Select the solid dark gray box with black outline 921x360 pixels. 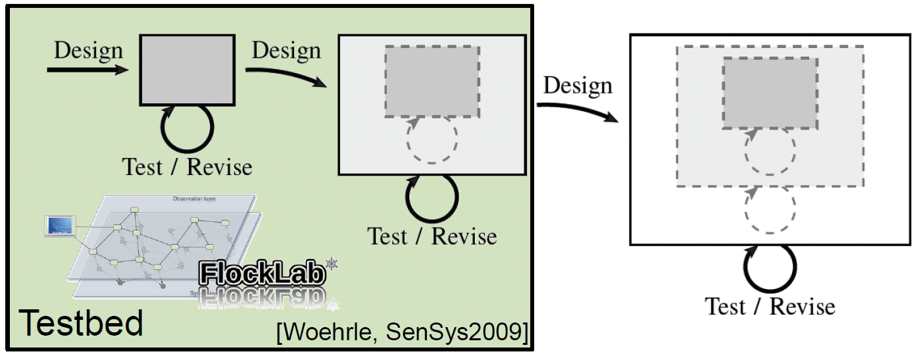click(187, 70)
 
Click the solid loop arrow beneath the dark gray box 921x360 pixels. click(187, 129)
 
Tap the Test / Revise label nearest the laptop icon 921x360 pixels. click(187, 167)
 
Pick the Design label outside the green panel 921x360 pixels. click(578, 85)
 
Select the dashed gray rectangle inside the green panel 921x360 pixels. click(432, 81)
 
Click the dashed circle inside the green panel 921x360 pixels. click(432, 140)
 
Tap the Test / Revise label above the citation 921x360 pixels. click(432, 236)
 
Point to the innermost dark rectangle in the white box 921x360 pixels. click(770, 93)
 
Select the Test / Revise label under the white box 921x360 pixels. click(770, 306)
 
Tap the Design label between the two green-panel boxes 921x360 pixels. click(286, 50)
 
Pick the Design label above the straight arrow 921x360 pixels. click(88, 50)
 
